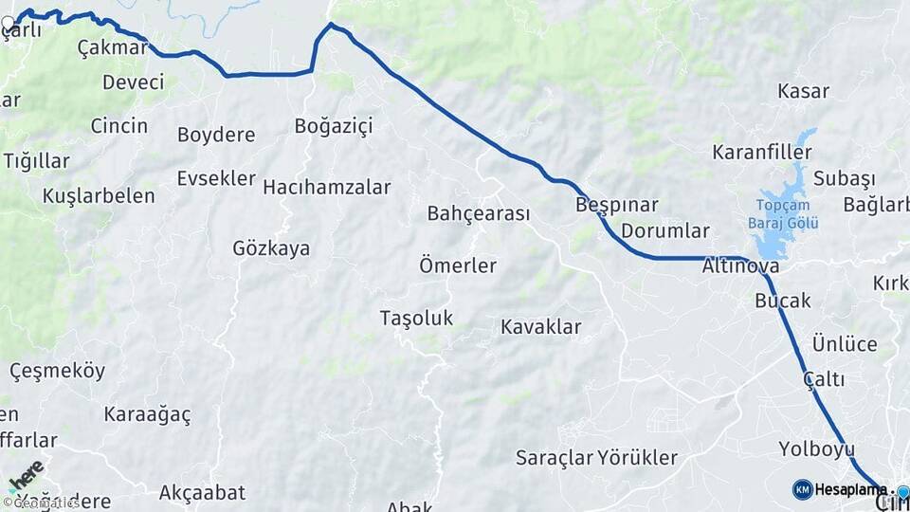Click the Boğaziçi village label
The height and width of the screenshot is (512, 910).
(334, 126)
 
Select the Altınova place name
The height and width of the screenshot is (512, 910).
(740, 267)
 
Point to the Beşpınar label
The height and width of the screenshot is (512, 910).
(616, 205)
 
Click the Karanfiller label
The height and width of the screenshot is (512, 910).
(762, 153)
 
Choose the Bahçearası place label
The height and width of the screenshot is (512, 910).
(478, 213)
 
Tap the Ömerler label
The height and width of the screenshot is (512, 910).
(458, 265)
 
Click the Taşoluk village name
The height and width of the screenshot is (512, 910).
(416, 319)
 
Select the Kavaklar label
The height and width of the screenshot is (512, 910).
(540, 327)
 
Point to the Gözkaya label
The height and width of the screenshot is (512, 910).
(271, 248)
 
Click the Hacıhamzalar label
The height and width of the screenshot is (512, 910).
(326, 188)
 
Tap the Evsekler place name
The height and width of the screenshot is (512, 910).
(216, 178)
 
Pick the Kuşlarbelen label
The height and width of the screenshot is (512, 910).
(99, 196)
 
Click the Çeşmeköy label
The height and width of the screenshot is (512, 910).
(58, 371)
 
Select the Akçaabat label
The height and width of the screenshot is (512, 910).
(202, 492)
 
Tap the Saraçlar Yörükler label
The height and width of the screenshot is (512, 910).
(596, 458)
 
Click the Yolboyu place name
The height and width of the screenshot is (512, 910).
(816, 448)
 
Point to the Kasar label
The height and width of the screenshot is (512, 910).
(803, 92)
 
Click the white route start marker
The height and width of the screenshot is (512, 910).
(9, 22)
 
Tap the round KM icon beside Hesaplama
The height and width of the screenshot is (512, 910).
(802, 489)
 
